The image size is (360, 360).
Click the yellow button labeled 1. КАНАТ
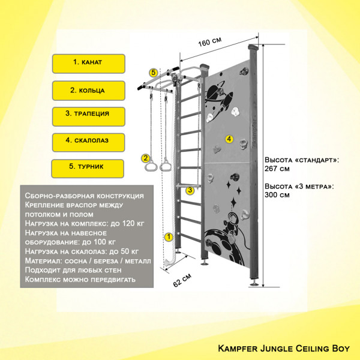click(89, 64)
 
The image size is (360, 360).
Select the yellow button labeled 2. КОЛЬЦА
click(89, 91)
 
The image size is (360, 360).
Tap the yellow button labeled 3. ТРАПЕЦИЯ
click(89, 116)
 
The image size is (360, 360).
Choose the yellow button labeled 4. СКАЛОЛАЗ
click(88, 142)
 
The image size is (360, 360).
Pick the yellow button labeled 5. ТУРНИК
click(88, 169)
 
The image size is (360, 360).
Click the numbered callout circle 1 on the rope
click(169, 237)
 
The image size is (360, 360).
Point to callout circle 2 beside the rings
click(145, 158)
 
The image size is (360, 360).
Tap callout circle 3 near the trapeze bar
click(190, 190)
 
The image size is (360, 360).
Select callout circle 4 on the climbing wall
click(229, 139)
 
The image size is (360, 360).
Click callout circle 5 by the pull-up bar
click(154, 73)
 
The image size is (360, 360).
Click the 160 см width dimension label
click(210, 41)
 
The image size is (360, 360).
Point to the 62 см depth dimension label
click(182, 280)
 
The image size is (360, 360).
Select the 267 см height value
click(277, 169)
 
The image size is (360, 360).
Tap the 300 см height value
click(277, 194)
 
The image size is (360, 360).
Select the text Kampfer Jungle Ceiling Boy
click(284, 349)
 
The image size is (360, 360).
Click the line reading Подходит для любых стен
click(73, 270)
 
